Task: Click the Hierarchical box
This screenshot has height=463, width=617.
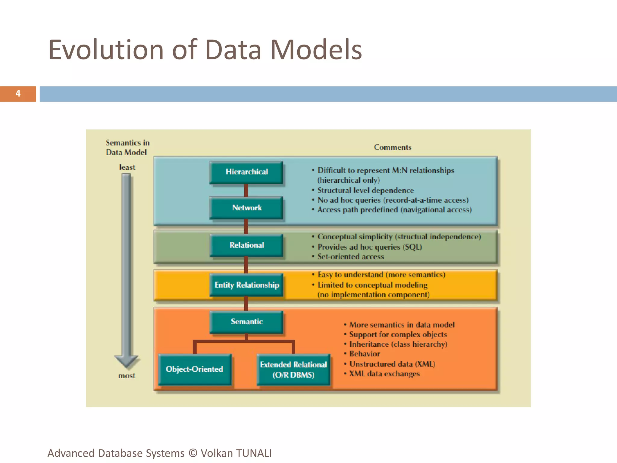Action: click(246, 172)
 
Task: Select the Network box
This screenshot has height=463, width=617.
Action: click(246, 208)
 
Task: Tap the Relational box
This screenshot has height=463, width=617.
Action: click(246, 245)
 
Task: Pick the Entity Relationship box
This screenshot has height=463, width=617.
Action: click(246, 285)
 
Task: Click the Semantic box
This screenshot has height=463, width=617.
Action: click(246, 322)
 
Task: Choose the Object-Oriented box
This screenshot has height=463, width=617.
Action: click(195, 369)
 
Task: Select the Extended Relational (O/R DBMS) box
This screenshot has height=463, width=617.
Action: click(293, 370)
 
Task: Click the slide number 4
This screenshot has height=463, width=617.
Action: click(18, 94)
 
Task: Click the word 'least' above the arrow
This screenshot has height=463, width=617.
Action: click(127, 167)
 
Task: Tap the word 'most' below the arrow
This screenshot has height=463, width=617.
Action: click(127, 376)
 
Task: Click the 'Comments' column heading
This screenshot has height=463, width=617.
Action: click(393, 147)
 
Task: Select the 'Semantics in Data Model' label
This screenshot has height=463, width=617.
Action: click(127, 147)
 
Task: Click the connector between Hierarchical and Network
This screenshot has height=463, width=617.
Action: click(246, 190)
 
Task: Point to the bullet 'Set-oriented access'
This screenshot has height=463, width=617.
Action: click(351, 257)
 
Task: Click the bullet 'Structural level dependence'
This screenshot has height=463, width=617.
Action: click(366, 191)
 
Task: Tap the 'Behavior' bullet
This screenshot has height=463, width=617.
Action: click(365, 354)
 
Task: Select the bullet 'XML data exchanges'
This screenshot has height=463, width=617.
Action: click(384, 374)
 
